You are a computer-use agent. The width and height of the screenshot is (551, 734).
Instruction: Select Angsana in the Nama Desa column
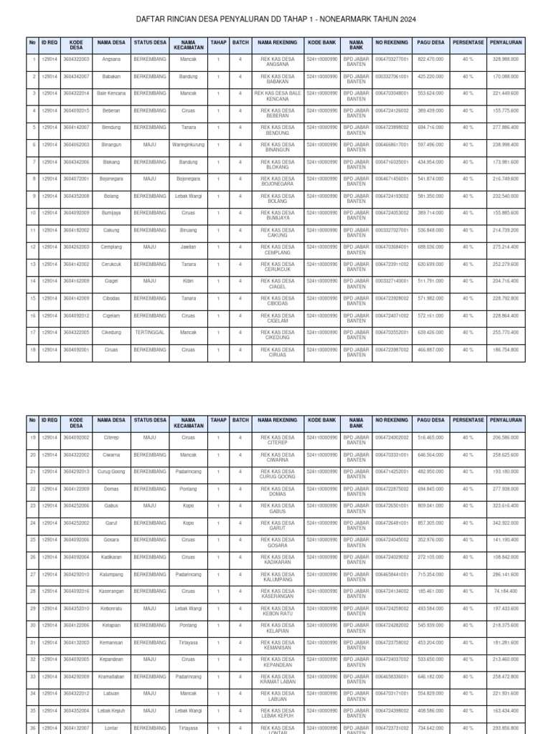tap(111, 59)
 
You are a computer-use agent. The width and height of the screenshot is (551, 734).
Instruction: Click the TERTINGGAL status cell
tap(150, 333)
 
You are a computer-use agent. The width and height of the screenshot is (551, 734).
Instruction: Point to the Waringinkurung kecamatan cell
tap(189, 145)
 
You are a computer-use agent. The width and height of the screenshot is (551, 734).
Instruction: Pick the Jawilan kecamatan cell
tap(189, 247)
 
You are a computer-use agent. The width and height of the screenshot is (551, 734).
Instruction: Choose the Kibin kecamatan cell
tap(189, 281)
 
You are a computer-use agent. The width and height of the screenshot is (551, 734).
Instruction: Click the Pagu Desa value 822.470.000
tap(430, 59)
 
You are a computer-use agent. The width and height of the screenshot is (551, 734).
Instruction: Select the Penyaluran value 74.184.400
tap(505, 591)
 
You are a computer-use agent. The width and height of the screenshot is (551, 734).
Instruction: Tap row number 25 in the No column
tap(33, 540)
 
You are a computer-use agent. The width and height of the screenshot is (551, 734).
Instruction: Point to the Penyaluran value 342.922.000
tap(505, 523)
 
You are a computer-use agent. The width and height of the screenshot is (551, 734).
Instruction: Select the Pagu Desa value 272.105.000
tap(430, 557)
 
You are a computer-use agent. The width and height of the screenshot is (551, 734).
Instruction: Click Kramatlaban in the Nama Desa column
tap(111, 677)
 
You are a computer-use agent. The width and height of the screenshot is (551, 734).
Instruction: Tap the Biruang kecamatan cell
tap(189, 230)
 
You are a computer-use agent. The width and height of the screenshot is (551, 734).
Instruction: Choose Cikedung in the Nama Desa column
tap(111, 333)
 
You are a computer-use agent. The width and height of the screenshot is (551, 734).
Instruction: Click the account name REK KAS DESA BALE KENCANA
tap(278, 97)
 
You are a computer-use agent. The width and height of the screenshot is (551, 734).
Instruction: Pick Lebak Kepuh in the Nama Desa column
tap(111, 710)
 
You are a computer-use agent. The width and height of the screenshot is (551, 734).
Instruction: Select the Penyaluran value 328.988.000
tap(505, 59)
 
